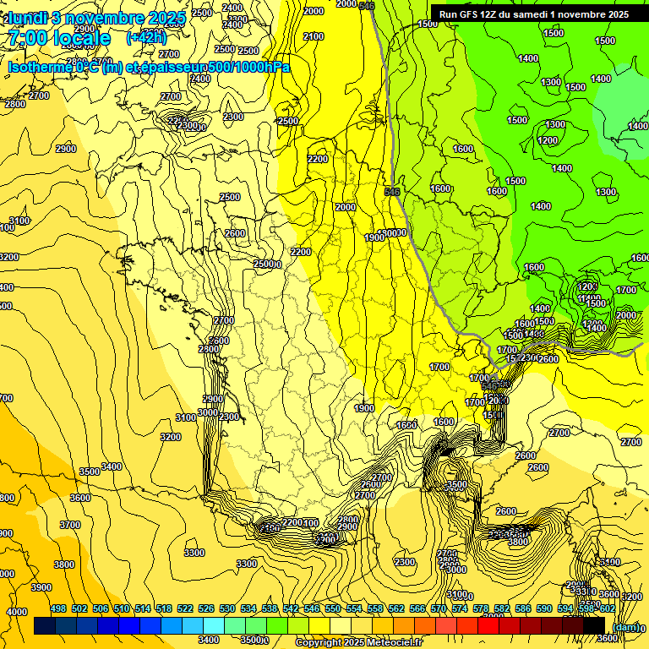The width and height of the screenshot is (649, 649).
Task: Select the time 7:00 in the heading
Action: pyautogui.click(x=25, y=39)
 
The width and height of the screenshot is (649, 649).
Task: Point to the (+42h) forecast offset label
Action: pyautogui.click(x=146, y=38)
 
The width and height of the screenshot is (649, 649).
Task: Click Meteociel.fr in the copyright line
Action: pyautogui.click(x=388, y=643)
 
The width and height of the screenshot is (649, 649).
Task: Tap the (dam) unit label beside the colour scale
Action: pyautogui.click(x=625, y=626)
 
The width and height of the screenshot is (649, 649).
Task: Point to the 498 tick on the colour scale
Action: pyautogui.click(x=58, y=609)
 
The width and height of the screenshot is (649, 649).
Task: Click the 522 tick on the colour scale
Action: pyautogui.click(x=185, y=609)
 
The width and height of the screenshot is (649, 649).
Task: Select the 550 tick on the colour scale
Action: pyautogui.click(x=333, y=609)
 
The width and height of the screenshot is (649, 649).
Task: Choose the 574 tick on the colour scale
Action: pyautogui.click(x=460, y=609)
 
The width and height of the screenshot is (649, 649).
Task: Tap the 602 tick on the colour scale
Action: pyautogui.click(x=607, y=609)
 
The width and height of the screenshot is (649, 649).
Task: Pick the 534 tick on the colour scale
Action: pyautogui.click(x=248, y=609)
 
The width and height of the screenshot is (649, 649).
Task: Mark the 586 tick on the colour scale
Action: pyautogui.click(x=523, y=609)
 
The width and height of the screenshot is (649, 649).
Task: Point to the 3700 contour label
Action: pyautogui.click(x=71, y=525)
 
